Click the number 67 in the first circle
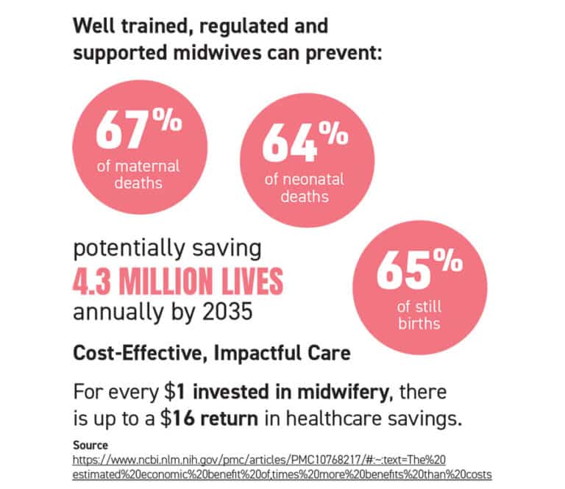pyautogui.click(x=122, y=130)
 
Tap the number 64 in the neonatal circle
pyautogui.click(x=289, y=143)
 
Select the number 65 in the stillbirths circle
pyautogui.click(x=404, y=270)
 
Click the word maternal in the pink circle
pyautogui.click(x=147, y=166)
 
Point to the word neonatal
pyautogui.click(x=313, y=179)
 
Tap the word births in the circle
pyautogui.click(x=419, y=324)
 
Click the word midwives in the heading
pyautogui.click(x=217, y=52)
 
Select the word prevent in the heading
pyautogui.click(x=344, y=54)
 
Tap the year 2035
pyautogui.click(x=227, y=312)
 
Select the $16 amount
pyautogui.click(x=178, y=418)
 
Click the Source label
pyautogui.click(x=90, y=446)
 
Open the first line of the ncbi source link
pyautogui.click(x=259, y=460)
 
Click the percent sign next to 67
pyautogui.click(x=167, y=119)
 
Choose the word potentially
pyautogui.click(x=129, y=249)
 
